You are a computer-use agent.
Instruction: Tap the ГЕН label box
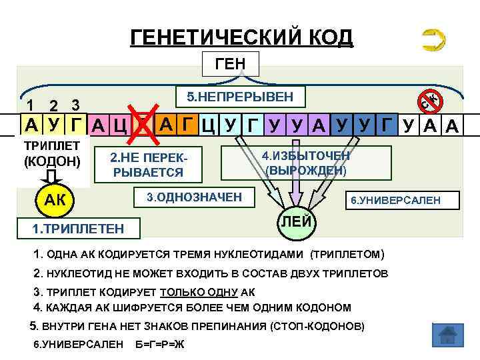(229, 64)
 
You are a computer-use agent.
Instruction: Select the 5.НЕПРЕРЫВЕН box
(239, 97)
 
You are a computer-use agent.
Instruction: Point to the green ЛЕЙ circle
(294, 221)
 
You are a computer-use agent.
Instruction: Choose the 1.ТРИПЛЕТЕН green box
(78, 229)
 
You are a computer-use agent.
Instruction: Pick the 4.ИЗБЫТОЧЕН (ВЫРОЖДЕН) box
(305, 163)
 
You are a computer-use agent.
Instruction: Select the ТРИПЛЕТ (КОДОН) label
(51, 153)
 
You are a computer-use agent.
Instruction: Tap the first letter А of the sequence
(31, 125)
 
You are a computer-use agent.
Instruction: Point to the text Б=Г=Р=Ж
(159, 344)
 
